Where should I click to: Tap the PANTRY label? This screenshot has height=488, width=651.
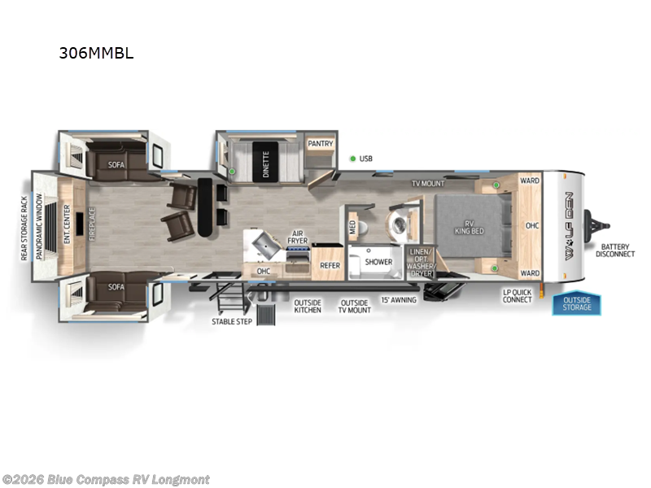click(x=321, y=143)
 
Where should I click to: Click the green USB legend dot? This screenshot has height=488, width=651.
click(x=352, y=159)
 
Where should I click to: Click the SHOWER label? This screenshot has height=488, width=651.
click(x=378, y=262)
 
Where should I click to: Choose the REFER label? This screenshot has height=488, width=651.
click(x=329, y=265)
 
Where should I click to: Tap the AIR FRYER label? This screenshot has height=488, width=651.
click(x=298, y=237)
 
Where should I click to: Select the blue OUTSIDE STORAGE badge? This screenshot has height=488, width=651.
click(x=578, y=303)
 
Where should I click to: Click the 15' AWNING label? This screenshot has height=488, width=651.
click(x=398, y=300)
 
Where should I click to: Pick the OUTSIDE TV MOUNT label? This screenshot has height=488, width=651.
click(x=354, y=307)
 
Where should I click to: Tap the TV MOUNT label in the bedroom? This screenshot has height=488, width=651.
click(x=427, y=184)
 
